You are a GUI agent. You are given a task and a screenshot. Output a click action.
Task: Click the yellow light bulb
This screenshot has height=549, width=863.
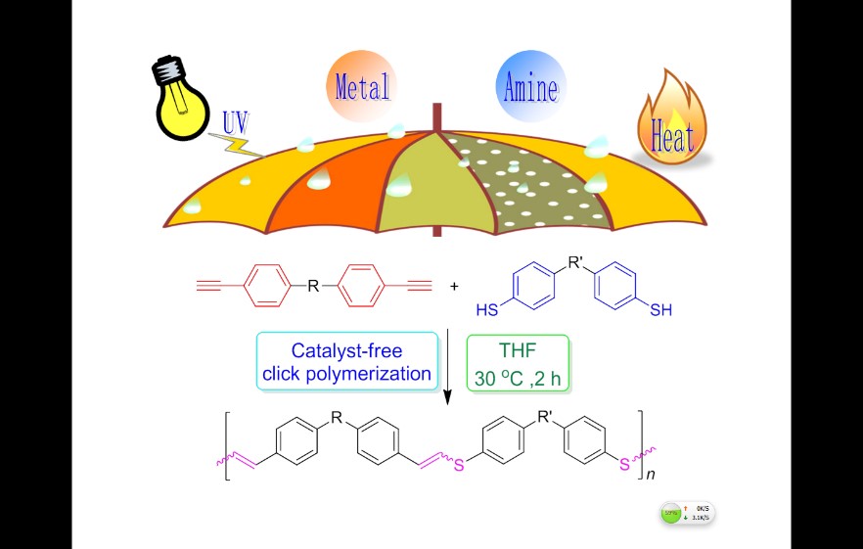[x=181, y=98]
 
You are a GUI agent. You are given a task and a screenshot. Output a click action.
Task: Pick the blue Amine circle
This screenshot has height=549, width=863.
[x=529, y=88]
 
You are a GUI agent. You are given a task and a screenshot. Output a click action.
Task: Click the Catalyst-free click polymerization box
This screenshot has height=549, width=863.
[x=346, y=361]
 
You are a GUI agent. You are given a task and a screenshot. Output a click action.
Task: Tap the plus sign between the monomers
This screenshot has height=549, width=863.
[x=454, y=287]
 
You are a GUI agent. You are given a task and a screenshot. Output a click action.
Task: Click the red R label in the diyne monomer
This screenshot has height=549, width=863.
[x=312, y=287]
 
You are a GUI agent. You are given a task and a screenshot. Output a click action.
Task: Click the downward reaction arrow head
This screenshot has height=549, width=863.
[x=448, y=399]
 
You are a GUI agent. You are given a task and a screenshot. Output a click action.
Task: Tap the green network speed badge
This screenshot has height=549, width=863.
[x=689, y=514]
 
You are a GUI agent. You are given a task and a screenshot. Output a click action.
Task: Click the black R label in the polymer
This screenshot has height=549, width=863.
[x=337, y=420]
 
